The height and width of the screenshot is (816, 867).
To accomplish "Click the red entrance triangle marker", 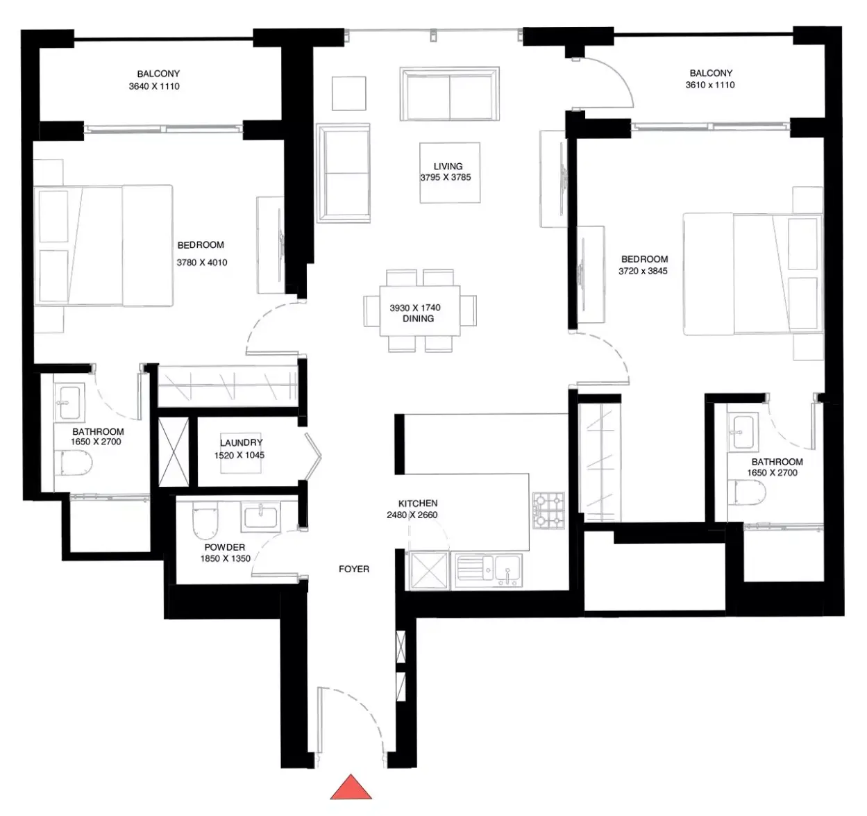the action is click(x=351, y=787).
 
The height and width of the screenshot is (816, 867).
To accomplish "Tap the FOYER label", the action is click(x=354, y=569).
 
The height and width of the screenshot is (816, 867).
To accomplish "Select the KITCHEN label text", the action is click(x=418, y=503).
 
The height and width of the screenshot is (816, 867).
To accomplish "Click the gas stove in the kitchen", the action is click(x=549, y=510).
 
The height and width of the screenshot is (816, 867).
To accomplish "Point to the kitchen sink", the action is click(x=489, y=569).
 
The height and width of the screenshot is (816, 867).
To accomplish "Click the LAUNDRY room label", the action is click(x=242, y=442).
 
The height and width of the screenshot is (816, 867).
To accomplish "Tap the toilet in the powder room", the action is click(x=205, y=521).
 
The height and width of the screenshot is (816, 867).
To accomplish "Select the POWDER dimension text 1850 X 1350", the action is click(x=226, y=558).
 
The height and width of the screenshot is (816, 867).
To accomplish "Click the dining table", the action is click(x=419, y=310).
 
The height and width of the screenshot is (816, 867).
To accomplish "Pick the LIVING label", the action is click(x=448, y=167).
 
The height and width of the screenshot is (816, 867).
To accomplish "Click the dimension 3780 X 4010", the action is click(x=202, y=263).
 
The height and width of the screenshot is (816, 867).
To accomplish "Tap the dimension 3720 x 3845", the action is click(x=643, y=271).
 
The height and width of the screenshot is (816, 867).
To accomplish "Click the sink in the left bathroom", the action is click(x=69, y=403).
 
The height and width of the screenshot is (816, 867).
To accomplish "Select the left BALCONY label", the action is click(x=158, y=74).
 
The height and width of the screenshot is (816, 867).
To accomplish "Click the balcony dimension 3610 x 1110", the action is click(x=710, y=85).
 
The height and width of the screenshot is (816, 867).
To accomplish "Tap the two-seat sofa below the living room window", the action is click(x=450, y=94).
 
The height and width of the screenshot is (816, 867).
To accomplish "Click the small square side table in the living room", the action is click(x=348, y=94).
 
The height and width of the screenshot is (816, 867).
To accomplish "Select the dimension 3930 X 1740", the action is click(x=415, y=308).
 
